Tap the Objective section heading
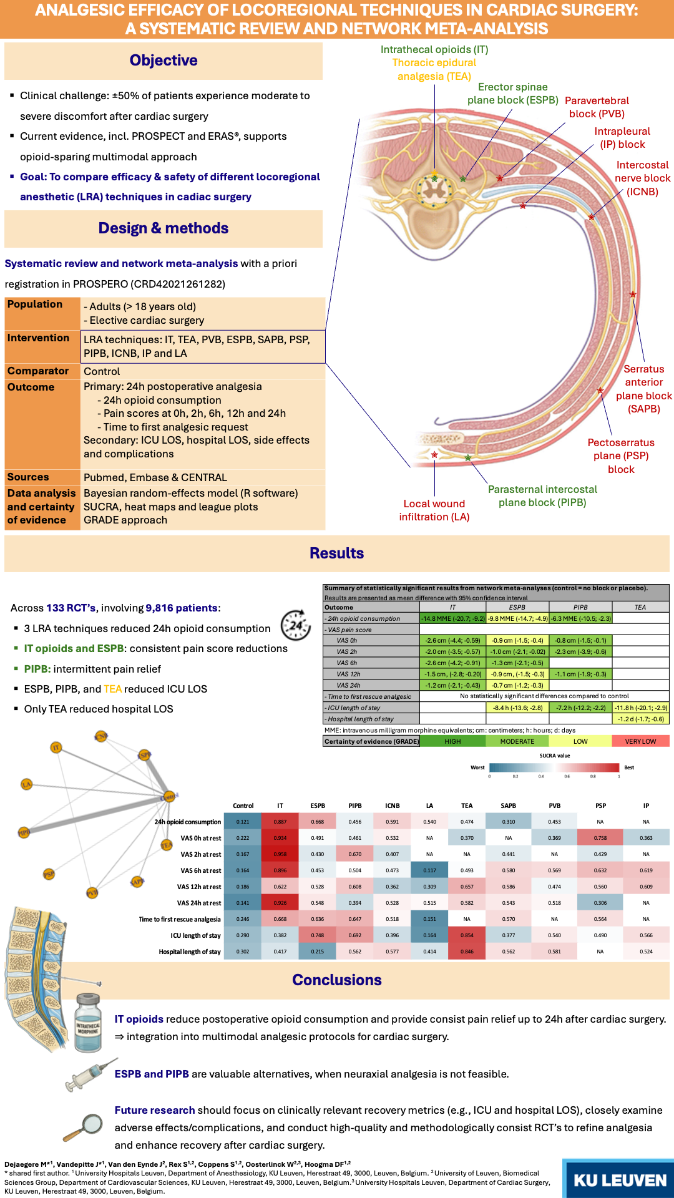[x=164, y=61]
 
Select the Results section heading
[x=337, y=553]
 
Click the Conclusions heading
[x=337, y=980]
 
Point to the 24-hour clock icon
[x=295, y=625]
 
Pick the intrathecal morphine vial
[x=88, y=1024]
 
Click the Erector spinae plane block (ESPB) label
[x=513, y=94]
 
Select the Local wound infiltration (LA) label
[x=434, y=510]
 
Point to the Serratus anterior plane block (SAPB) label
[x=644, y=389]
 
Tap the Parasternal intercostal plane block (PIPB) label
[x=542, y=496]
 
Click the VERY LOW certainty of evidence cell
[x=640, y=741]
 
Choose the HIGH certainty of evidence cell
[x=452, y=741]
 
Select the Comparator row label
[x=38, y=371]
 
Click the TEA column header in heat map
[x=467, y=806]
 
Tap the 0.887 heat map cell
[x=280, y=822]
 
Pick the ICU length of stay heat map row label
[x=195, y=935]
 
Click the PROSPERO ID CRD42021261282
[x=177, y=285]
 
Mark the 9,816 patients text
[x=182, y=608]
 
